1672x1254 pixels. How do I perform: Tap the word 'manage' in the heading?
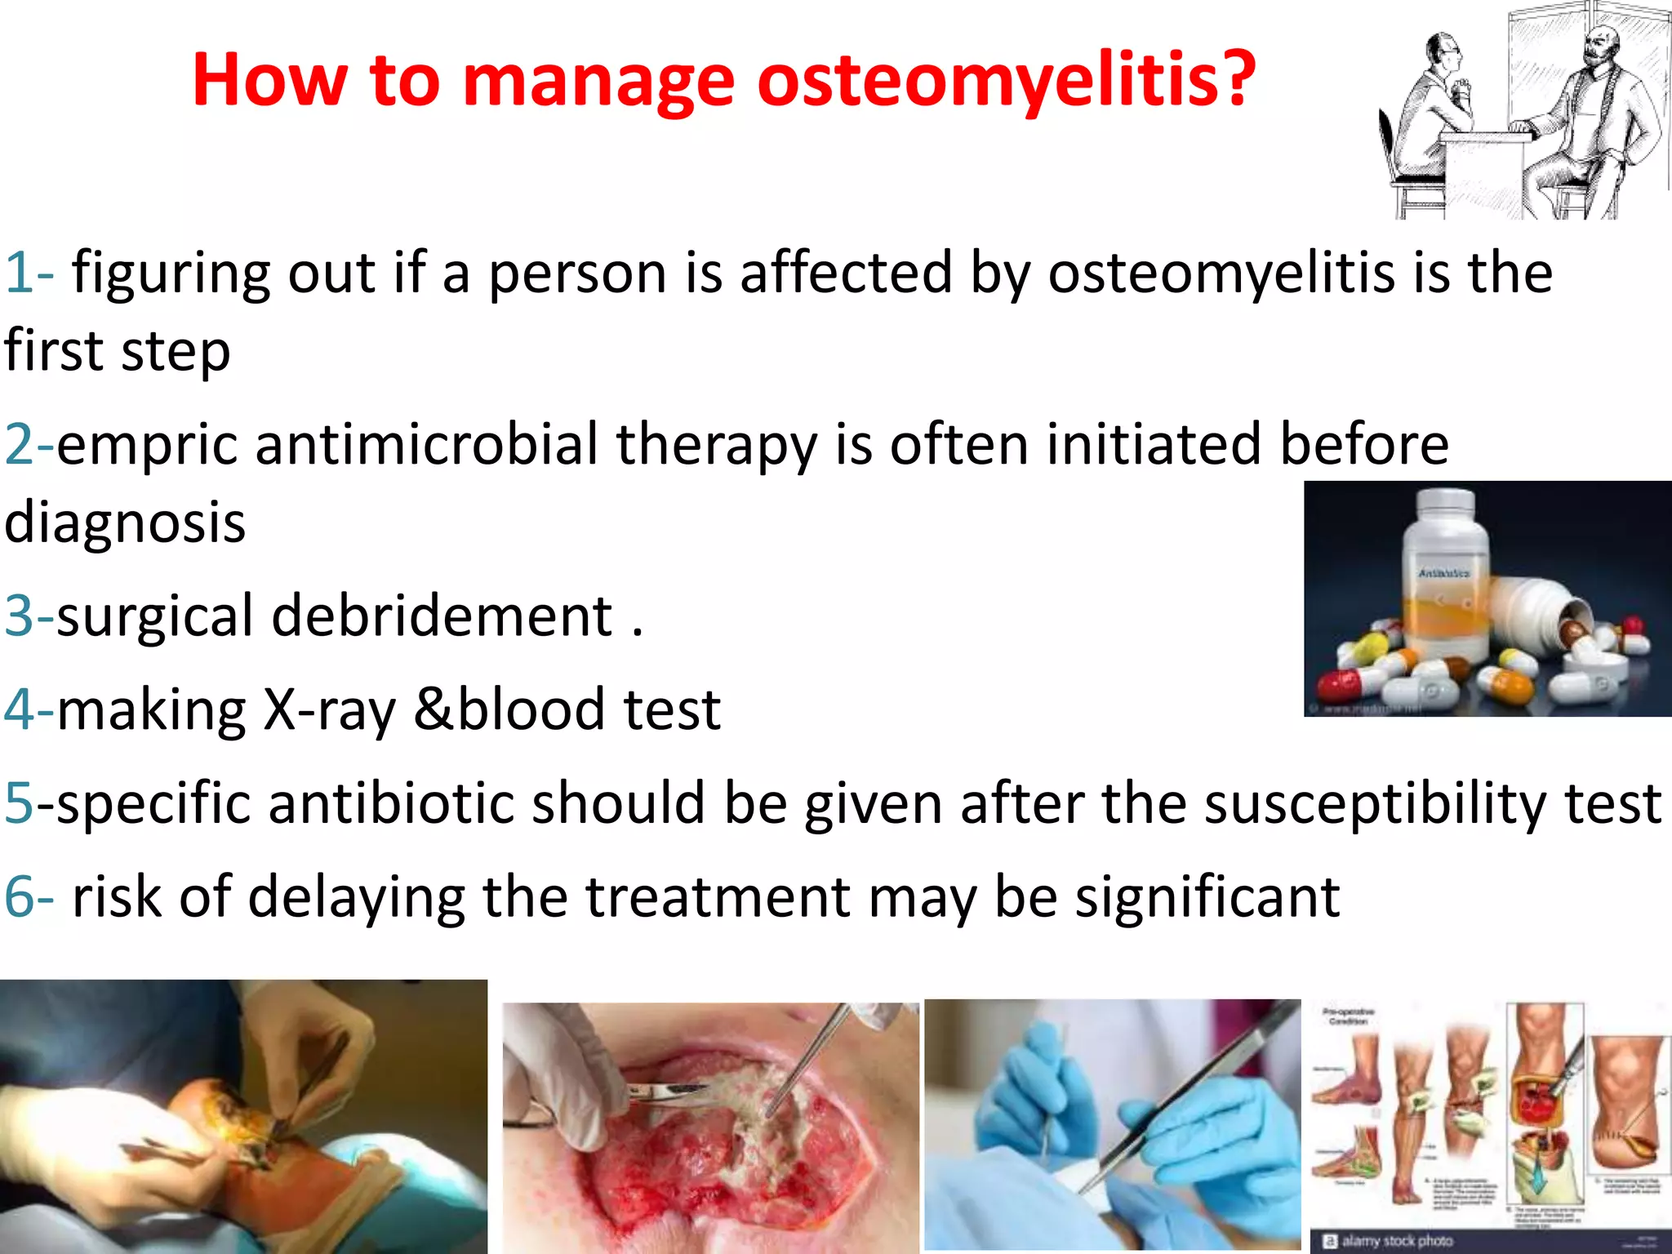click(598, 82)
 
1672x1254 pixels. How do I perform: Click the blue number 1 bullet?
click(20, 273)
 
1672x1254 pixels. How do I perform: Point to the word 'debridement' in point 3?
click(442, 616)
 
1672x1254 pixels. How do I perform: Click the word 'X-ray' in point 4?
click(329, 709)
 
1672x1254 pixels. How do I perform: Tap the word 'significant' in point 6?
click(1207, 897)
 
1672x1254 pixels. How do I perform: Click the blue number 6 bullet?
click(20, 897)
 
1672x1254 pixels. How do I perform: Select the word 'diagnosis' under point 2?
click(125, 522)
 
